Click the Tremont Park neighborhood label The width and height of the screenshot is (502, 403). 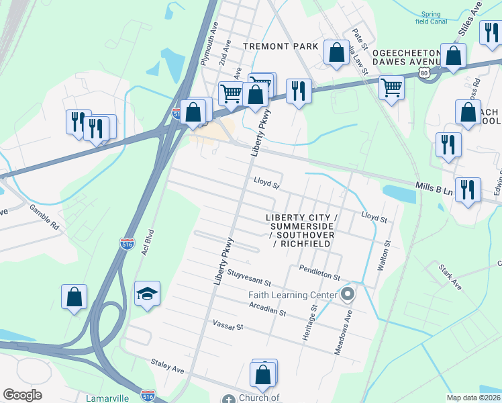coord(280,46)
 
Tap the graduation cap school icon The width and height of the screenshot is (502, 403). coord(147,294)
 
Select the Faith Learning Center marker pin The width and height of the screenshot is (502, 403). coord(347,294)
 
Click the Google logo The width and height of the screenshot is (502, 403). coord(22,395)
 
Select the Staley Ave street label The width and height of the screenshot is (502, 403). coord(167,369)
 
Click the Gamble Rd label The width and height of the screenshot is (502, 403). coord(44,218)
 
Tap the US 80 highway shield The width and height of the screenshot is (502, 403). coord(423,72)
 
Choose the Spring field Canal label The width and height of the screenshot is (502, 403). coord(430,17)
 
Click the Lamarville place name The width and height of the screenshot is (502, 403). coord(107,398)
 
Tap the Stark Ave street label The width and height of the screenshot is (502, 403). coord(450,277)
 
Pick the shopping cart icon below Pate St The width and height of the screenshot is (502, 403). coord(391,86)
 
